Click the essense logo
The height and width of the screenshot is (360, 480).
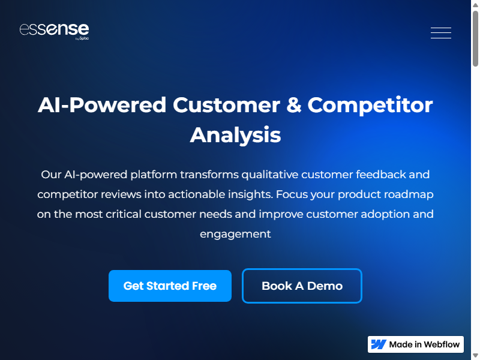[x=54, y=31]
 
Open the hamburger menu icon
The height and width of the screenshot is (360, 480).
[x=441, y=33]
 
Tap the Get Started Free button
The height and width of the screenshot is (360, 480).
[x=170, y=286]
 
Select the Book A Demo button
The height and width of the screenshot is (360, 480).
[x=302, y=286]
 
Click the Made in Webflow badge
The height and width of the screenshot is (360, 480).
[x=416, y=344]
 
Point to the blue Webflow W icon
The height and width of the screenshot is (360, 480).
[x=379, y=344]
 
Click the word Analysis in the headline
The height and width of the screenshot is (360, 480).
[x=235, y=135]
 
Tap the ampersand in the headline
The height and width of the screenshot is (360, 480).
[x=294, y=105]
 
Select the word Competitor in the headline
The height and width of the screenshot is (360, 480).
[x=370, y=105]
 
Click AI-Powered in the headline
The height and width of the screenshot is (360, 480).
[x=102, y=105]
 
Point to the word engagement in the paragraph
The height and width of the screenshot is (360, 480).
[x=235, y=235]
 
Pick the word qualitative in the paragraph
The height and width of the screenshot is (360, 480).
[x=271, y=175]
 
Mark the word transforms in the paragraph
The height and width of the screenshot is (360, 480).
[x=209, y=175]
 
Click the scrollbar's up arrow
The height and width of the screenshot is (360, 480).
[x=475, y=5]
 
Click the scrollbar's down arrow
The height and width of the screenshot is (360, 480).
[x=475, y=355]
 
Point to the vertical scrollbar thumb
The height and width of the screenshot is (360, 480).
[x=475, y=38]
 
